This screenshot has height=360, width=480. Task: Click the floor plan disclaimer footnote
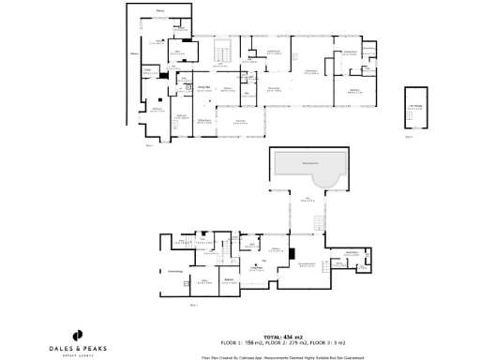click(282, 357)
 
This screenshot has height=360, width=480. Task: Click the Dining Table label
click(203, 87)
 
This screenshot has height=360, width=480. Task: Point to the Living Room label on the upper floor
click(308, 71)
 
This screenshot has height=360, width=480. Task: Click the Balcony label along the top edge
click(160, 10)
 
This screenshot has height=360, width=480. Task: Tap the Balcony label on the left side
click(133, 54)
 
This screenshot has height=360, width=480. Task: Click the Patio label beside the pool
click(307, 200)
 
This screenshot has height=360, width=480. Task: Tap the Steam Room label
click(352, 252)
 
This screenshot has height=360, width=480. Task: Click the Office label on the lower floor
click(202, 280)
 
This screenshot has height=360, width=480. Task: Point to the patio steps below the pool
click(319, 221)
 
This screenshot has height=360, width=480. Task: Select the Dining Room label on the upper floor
click(275, 52)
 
